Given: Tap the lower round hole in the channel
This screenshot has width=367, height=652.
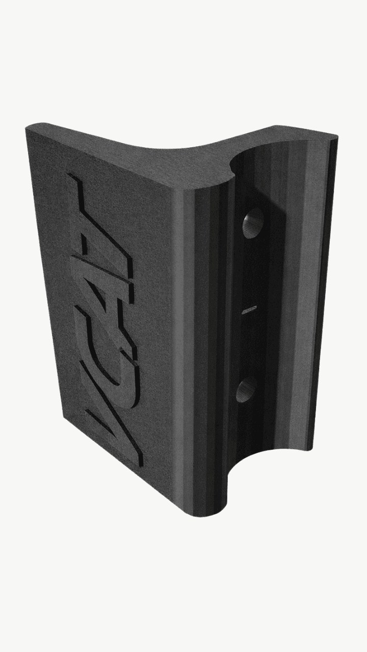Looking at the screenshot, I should tap(246, 390).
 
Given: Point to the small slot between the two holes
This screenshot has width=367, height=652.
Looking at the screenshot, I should tap(249, 309).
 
